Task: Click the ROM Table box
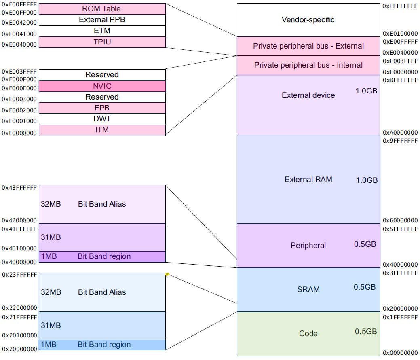102,9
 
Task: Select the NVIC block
102,86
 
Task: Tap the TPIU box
102,42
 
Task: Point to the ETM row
102,31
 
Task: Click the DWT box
102,119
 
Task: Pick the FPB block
102,108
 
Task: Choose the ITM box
102,130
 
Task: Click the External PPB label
102,20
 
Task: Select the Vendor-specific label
308,19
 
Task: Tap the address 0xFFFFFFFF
400,6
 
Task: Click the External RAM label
308,179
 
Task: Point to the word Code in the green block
308,333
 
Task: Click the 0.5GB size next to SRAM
365,287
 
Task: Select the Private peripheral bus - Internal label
308,65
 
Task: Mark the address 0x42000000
19,221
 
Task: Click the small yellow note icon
167,275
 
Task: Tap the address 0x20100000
19,335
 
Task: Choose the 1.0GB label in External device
366,91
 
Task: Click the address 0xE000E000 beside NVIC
19,88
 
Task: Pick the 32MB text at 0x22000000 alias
51,292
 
